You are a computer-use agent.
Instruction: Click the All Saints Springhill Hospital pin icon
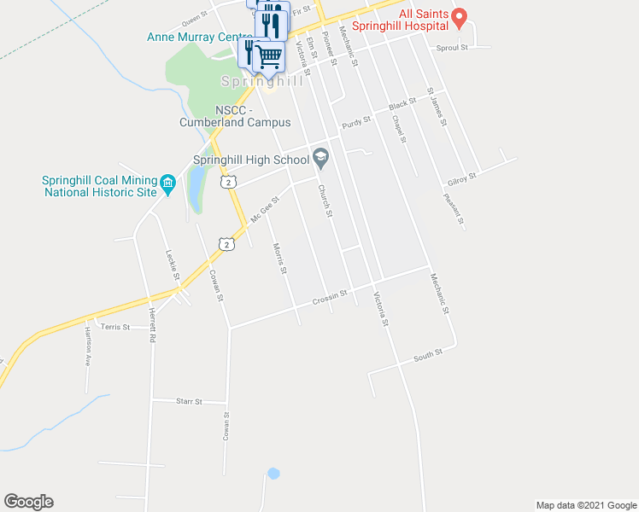pos(459,15)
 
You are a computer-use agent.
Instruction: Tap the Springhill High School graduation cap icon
pos(321,157)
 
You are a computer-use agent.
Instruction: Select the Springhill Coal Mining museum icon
pos(167,182)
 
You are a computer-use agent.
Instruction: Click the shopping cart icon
pos(269,56)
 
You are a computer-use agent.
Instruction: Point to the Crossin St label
pos(330,296)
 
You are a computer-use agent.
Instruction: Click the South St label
pos(427,352)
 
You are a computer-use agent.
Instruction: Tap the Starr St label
pos(188,400)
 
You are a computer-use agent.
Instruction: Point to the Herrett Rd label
pos(152,325)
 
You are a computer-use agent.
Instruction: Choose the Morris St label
pos(279,259)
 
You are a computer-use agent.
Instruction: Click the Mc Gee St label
pos(266,210)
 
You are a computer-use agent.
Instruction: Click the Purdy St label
pos(356,121)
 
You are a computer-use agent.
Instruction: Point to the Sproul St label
pos(452,48)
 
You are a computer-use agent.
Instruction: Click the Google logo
pos(28,502)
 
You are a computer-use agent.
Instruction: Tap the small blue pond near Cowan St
pos(273,473)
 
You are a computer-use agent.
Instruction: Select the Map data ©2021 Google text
pos(585,505)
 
